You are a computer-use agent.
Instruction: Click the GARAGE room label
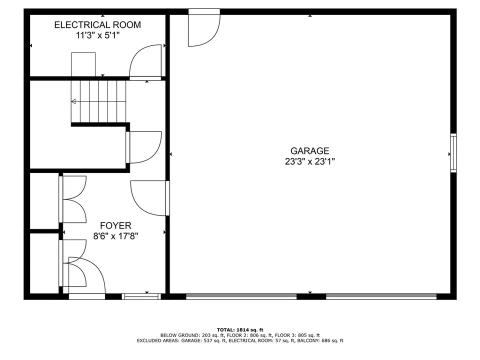(x=310, y=150)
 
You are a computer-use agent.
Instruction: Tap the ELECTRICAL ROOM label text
(x=97, y=25)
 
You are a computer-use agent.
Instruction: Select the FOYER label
(x=115, y=225)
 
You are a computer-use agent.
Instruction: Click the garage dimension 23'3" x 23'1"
(x=310, y=161)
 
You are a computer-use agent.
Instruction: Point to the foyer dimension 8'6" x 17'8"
(x=115, y=236)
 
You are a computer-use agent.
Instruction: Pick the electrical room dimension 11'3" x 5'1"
(x=97, y=35)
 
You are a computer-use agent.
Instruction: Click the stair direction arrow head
(x=73, y=101)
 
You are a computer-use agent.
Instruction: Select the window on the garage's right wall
(x=453, y=153)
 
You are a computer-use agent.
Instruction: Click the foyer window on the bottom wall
(x=141, y=296)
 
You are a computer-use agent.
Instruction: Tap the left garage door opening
(x=241, y=296)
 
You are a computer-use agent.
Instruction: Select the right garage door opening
(x=381, y=296)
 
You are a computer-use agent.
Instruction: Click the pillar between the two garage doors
(x=311, y=296)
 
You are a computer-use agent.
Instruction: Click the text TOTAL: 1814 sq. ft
(x=240, y=329)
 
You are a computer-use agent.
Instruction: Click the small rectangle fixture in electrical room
(x=83, y=64)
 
